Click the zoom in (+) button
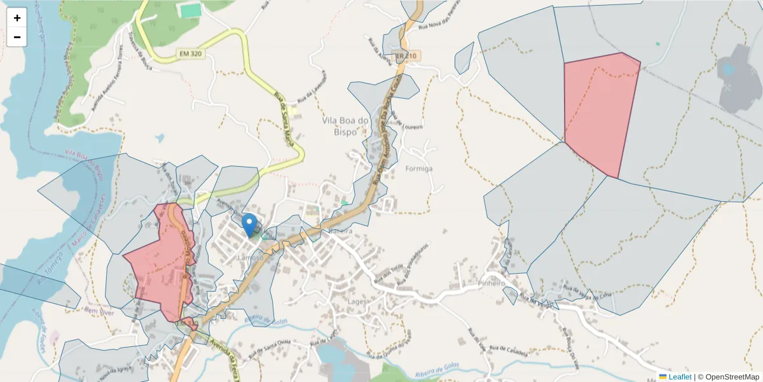point(17,18)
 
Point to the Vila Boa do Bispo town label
point(346,125)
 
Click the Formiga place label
point(418,169)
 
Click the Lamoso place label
point(249,258)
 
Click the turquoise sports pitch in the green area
point(189,11)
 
